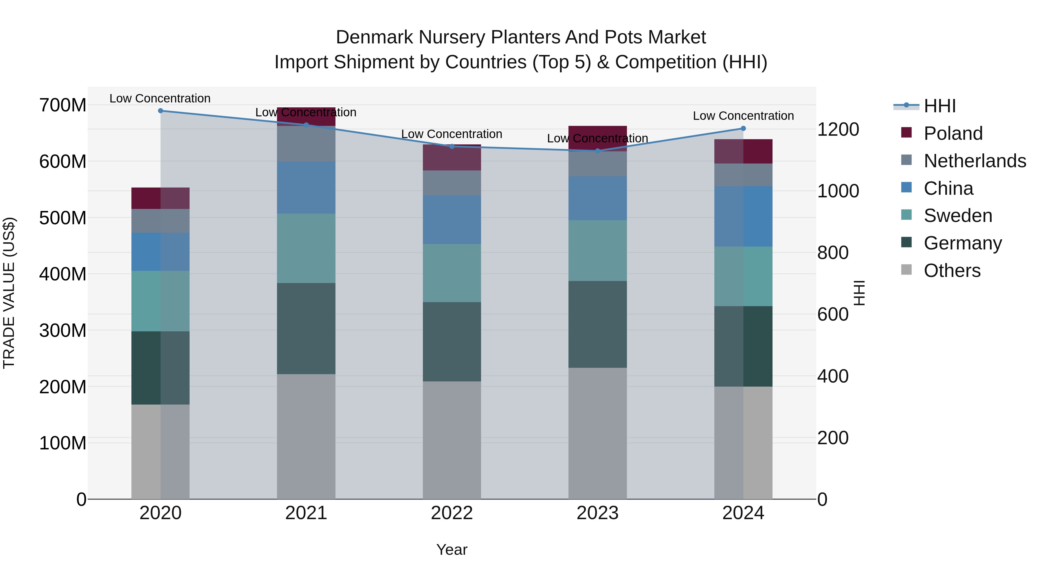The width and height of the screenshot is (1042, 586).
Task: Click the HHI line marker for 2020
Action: [161, 111]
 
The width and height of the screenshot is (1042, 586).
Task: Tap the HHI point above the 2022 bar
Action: [452, 146]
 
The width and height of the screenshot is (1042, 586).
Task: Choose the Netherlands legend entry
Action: [975, 161]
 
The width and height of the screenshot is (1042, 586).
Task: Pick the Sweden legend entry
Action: [957, 216]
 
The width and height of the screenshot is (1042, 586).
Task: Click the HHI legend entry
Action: [939, 106]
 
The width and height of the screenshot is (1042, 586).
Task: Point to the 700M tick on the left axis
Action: [63, 106]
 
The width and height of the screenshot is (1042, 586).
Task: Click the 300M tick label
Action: [63, 331]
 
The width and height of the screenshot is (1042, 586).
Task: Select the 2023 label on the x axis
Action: [597, 513]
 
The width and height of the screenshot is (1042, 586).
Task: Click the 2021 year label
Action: [306, 513]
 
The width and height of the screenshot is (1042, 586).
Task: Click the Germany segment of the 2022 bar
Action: [452, 342]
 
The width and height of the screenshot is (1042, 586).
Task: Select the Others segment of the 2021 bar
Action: [306, 437]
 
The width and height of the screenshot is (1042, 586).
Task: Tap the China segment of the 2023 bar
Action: [597, 198]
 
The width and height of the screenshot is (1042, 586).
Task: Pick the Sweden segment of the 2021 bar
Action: [306, 248]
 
